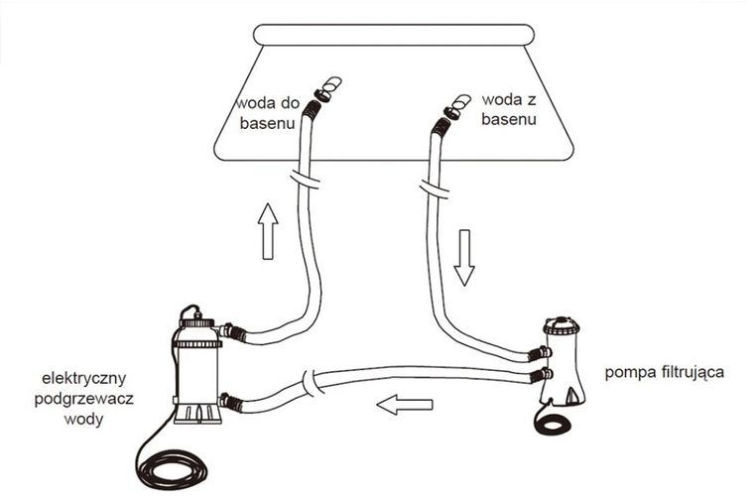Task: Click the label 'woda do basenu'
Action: click(267, 113)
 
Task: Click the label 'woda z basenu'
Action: click(509, 109)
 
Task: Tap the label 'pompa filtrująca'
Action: click(664, 372)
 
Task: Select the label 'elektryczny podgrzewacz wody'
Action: click(84, 399)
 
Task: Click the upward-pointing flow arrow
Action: click(268, 231)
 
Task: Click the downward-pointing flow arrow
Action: click(464, 258)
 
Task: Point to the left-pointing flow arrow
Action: click(405, 405)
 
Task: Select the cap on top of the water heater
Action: click(196, 321)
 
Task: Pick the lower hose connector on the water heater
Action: click(231, 402)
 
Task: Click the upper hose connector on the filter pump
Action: click(539, 354)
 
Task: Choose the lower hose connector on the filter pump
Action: click(539, 375)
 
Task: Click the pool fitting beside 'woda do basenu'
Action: click(327, 90)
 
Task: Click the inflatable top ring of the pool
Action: click(393, 35)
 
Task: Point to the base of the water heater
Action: click(197, 414)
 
